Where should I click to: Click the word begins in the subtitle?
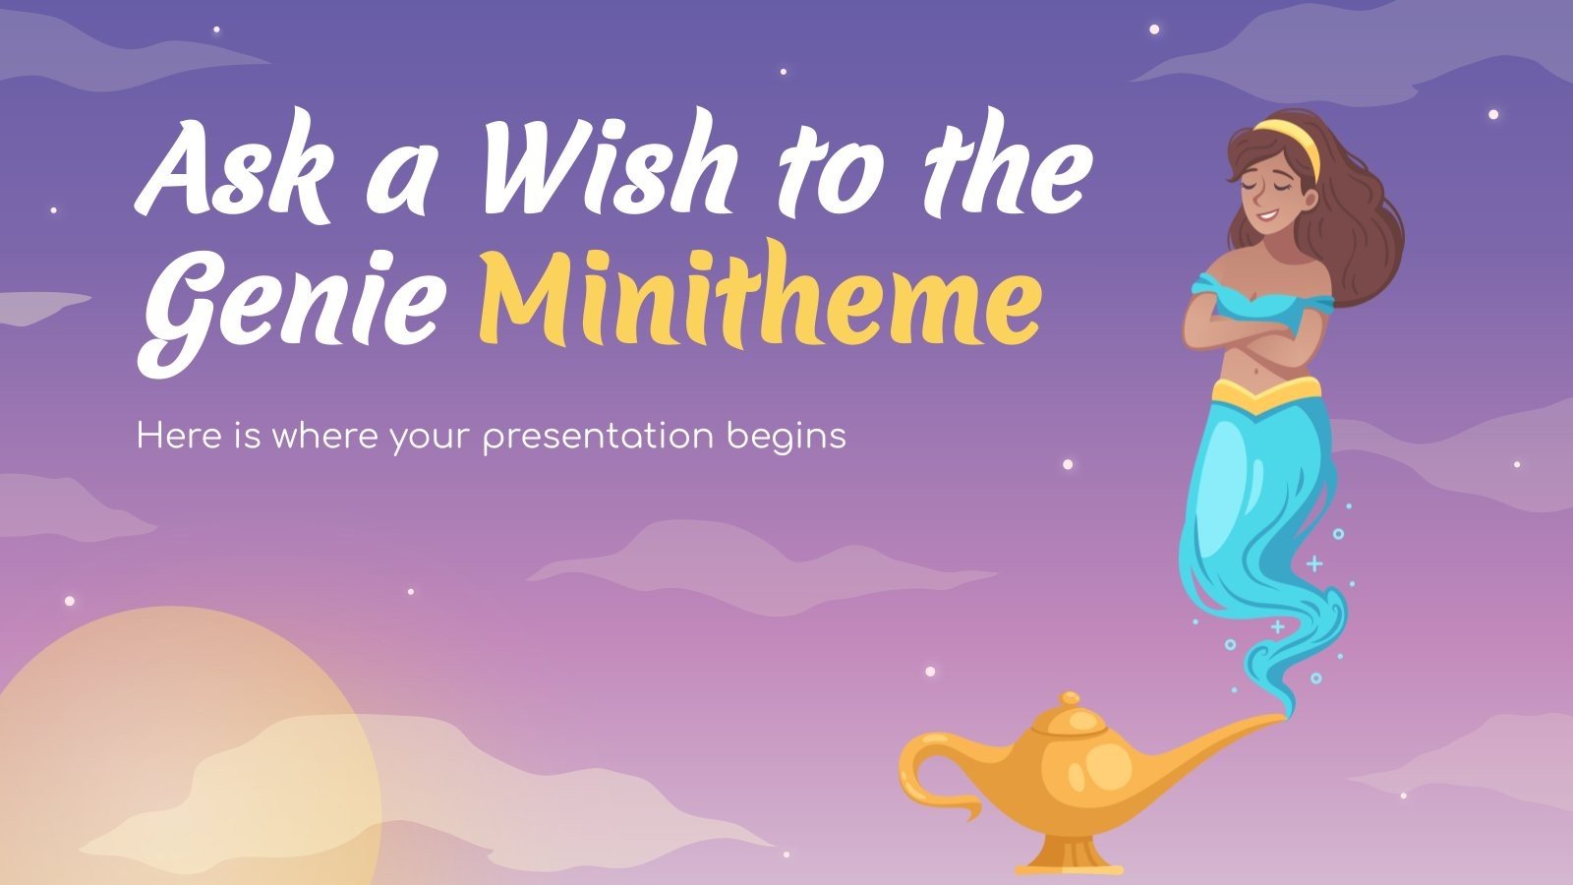(x=786, y=437)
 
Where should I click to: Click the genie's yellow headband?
(x=1288, y=138)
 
